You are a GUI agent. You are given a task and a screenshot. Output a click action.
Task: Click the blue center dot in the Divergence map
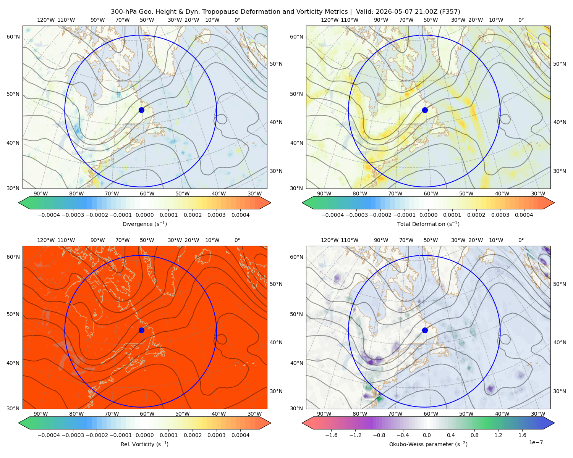(141, 110)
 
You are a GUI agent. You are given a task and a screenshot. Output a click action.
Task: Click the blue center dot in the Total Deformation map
(425, 110)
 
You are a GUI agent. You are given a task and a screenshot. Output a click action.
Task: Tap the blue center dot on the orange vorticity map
(141, 330)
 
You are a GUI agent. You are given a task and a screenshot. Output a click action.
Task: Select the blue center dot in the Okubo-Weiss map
(425, 330)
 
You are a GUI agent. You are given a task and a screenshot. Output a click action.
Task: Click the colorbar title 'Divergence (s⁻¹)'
(144, 224)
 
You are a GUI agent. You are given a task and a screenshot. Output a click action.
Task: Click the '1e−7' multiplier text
(536, 442)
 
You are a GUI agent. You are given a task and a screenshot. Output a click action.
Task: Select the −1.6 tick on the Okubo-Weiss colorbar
(331, 435)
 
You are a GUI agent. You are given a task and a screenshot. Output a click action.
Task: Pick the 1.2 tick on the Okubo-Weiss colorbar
(498, 435)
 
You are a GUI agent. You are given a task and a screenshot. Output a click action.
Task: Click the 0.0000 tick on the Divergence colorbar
(144, 215)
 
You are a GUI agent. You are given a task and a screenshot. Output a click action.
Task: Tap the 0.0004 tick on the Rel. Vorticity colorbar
(240, 435)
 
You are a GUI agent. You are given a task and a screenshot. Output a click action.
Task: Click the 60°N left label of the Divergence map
(13, 37)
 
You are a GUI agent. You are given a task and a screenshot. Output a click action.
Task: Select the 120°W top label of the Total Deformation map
(330, 20)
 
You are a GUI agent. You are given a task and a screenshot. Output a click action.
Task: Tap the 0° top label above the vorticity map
(237, 240)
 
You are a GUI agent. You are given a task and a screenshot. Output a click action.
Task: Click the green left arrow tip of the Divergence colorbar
(19, 203)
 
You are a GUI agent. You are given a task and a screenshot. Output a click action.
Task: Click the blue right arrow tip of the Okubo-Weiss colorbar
(554, 423)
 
